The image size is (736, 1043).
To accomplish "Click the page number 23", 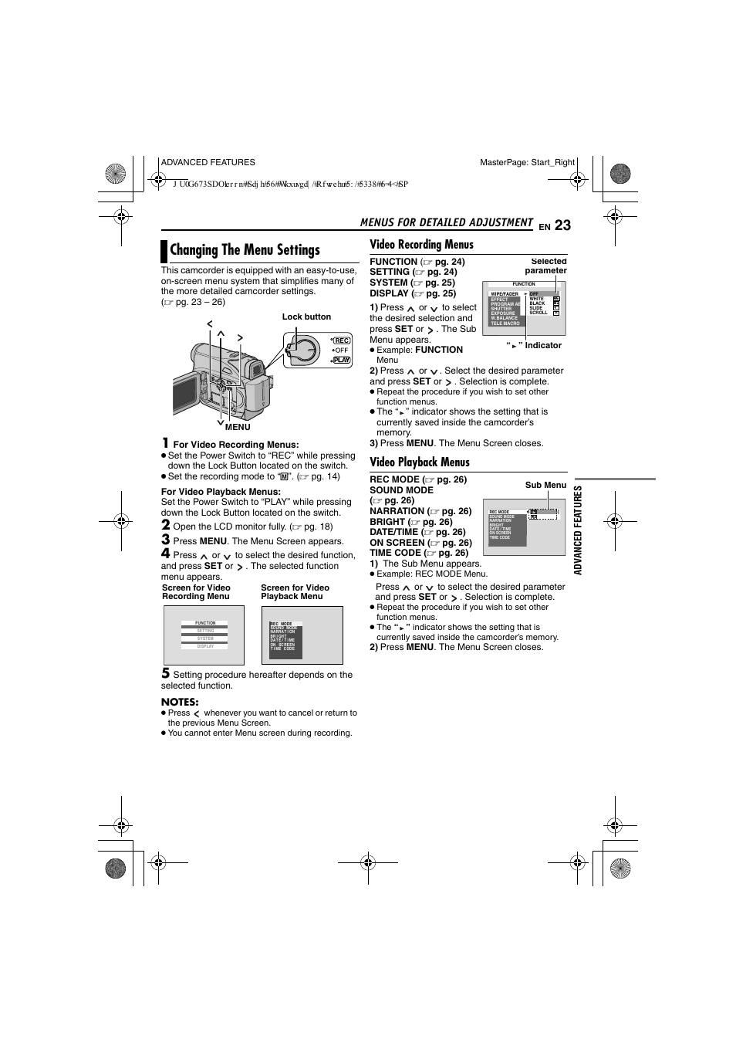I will pos(562,225).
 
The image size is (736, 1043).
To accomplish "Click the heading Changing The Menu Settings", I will pos(245,250).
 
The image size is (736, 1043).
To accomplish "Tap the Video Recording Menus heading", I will pos(421,245).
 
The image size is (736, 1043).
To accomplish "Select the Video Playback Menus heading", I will pos(419,462).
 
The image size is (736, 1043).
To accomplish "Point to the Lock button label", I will pos(306,317).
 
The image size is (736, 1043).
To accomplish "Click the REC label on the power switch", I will pos(341,340).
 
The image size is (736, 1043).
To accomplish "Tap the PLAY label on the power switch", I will pos(341,360).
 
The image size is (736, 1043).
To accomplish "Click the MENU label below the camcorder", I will pos(238,427).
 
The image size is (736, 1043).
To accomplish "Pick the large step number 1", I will pos(165,443).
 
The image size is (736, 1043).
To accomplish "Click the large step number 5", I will pos(165,673).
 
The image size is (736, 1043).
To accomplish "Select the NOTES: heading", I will pos(180,702).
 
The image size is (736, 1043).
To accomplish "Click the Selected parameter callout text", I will pos(547,266).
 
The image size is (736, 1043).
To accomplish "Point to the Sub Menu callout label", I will pos(545,486).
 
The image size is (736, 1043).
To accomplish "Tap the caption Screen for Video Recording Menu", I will pos(196,592).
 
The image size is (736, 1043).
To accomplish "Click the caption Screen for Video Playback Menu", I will pos(295,592).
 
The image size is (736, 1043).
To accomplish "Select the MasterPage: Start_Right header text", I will pos(527,163).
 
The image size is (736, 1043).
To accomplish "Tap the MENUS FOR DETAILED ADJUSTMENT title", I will pos(446,223).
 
